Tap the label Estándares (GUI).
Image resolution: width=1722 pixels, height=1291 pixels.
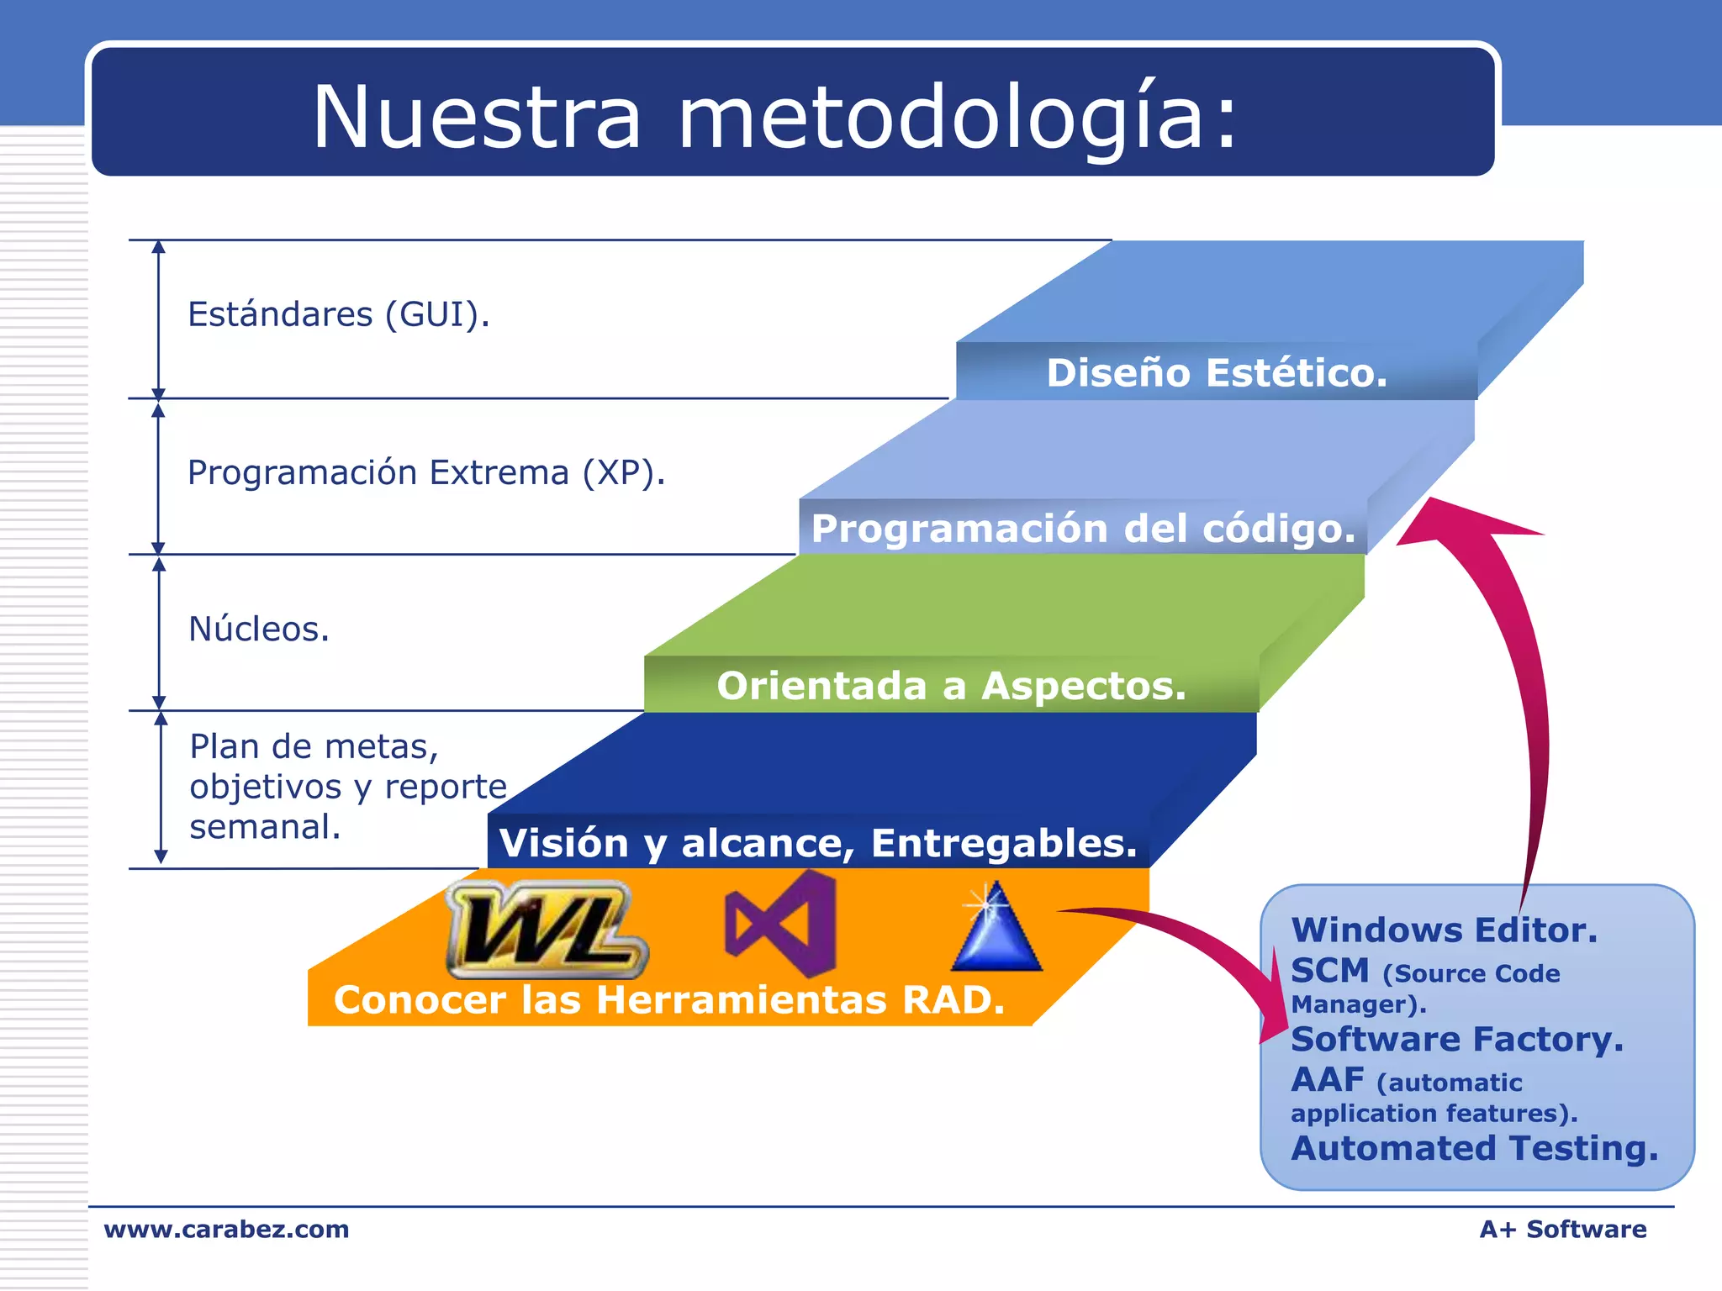338,314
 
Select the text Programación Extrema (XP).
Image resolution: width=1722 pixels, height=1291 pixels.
425,472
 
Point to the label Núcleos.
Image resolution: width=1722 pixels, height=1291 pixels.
259,629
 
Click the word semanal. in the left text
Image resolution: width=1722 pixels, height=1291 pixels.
265,827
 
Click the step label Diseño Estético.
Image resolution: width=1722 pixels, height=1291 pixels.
1216,373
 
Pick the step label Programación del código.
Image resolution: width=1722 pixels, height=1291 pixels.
1083,529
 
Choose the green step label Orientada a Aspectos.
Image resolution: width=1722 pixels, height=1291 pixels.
951,686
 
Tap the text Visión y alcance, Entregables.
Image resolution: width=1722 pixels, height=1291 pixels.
817,843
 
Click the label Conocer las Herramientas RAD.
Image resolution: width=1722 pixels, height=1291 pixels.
669,1000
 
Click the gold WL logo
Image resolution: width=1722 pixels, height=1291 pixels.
547,930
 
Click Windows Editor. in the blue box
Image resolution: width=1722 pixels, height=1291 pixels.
1444,930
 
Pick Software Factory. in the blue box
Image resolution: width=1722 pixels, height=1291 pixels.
1456,1040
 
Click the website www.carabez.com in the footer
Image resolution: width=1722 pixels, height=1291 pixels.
226,1229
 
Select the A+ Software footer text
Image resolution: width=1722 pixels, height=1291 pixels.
1562,1229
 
